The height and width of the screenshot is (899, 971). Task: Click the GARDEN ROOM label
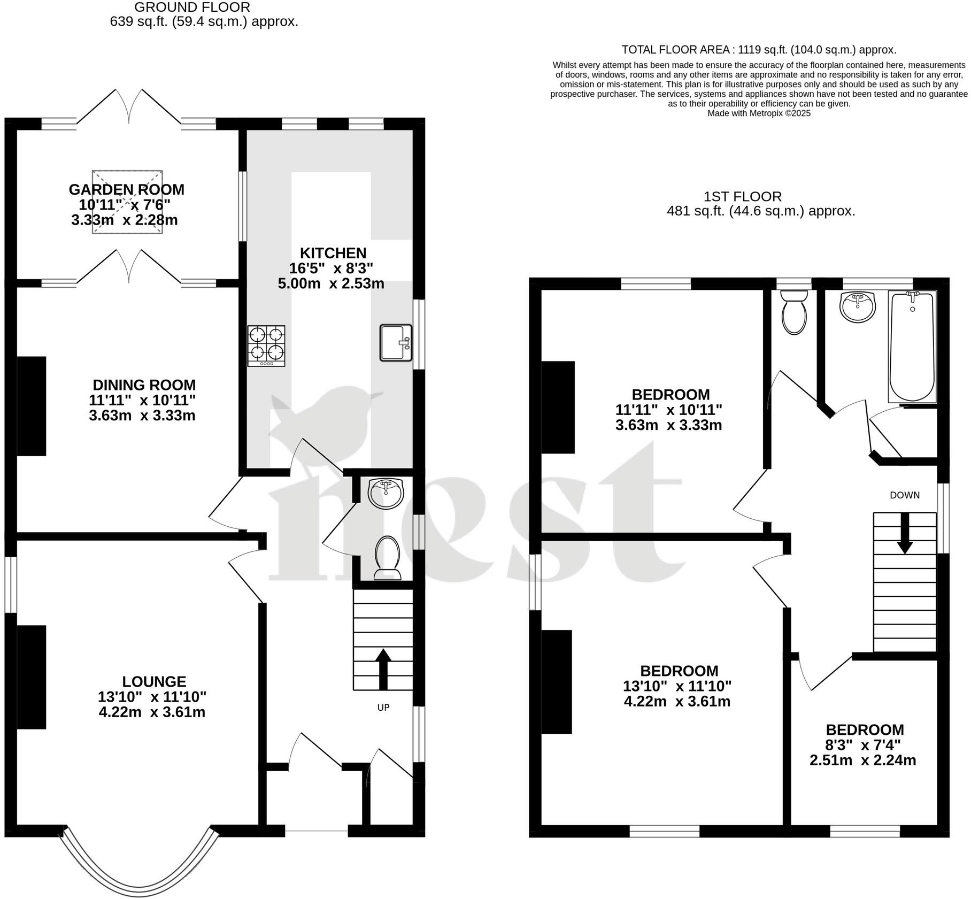click(126, 189)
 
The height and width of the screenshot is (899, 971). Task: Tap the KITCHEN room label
click(333, 253)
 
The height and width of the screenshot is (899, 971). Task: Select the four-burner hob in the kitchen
click(266, 345)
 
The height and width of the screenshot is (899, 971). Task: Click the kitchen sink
click(396, 342)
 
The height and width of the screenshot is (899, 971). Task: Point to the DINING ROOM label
click(144, 385)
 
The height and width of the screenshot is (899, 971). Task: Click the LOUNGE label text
click(154, 681)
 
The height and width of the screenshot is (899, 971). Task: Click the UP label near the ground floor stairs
click(383, 708)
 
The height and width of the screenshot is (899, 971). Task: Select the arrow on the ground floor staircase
click(383, 669)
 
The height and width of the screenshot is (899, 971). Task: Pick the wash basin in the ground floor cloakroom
click(386, 493)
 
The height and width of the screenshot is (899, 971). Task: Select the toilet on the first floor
click(794, 313)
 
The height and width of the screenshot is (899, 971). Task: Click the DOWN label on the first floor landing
click(905, 495)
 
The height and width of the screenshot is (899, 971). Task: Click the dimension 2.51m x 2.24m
click(863, 760)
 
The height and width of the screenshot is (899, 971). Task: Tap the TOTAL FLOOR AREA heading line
click(759, 50)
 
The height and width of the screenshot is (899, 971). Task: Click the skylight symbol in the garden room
click(127, 202)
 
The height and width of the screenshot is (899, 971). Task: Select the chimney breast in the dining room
click(32, 406)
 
